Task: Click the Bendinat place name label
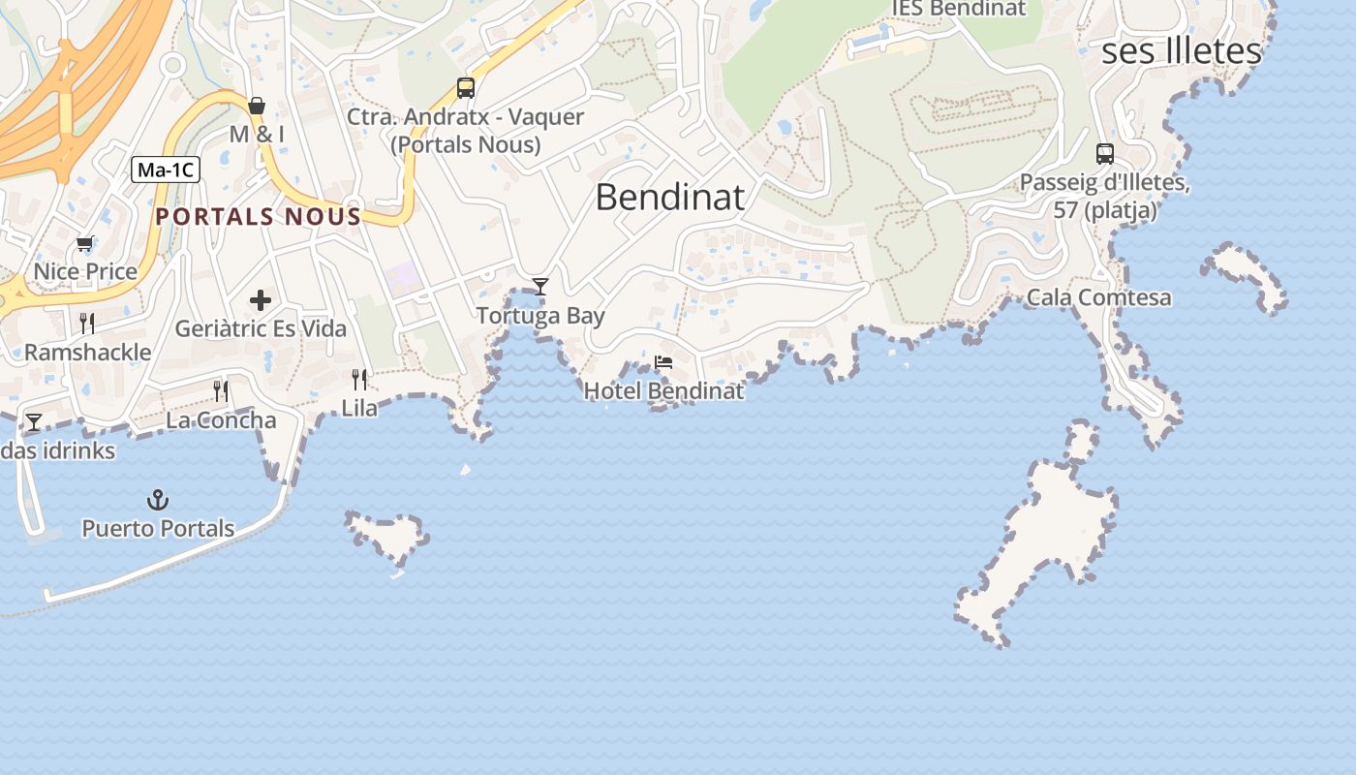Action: (669, 197)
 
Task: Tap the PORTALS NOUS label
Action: (258, 216)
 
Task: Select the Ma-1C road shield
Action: (166, 170)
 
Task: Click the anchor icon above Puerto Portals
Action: (157, 500)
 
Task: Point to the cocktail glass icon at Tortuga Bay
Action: (540, 286)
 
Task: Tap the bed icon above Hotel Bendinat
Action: (663, 362)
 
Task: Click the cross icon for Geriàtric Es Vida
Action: (261, 299)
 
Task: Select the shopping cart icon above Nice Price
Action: (85, 244)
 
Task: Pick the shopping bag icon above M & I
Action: (257, 105)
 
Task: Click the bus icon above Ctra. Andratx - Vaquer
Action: (466, 88)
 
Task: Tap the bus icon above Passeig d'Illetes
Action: (1104, 153)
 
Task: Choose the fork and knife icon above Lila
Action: (359, 379)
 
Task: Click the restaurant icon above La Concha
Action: (221, 390)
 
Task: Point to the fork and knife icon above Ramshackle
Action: (87, 323)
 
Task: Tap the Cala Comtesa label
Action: (1098, 297)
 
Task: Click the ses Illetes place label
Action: (1182, 50)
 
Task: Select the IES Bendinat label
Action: (958, 9)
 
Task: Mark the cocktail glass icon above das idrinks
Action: (34, 421)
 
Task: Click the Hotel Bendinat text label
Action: (663, 391)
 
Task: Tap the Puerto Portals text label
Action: (158, 529)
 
